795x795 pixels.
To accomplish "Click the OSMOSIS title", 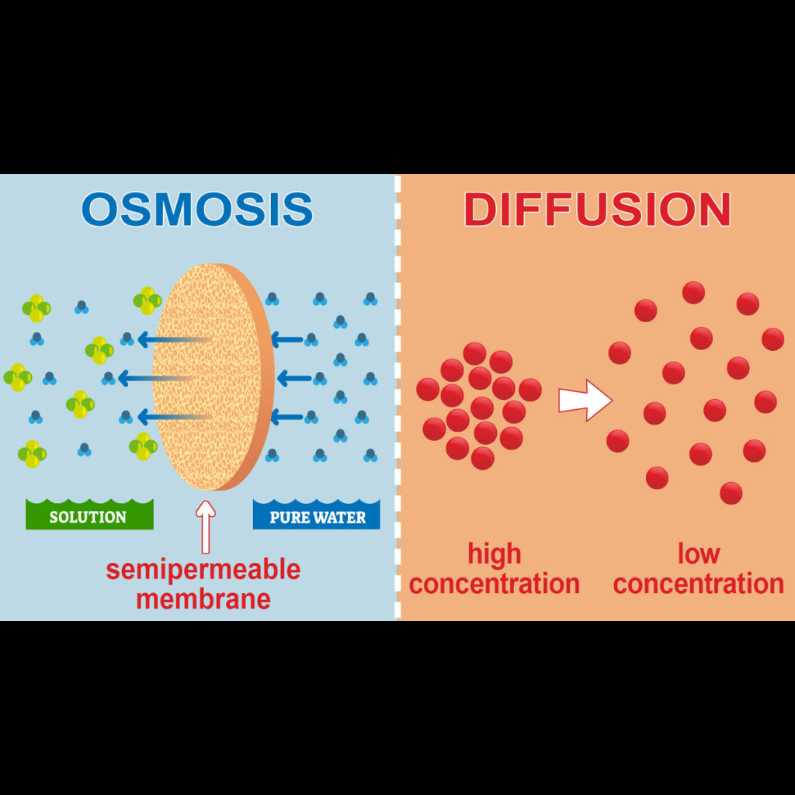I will [x=197, y=209].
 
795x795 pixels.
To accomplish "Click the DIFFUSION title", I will [x=597, y=209].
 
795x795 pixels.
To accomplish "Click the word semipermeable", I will [x=203, y=570].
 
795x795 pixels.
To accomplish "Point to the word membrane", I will [x=203, y=599].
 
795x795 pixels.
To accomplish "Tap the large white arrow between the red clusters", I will [x=585, y=401].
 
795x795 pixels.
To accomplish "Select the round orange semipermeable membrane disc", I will [x=210, y=377].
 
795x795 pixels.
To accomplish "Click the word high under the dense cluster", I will [x=495, y=554].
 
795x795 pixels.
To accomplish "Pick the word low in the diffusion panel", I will [x=699, y=554].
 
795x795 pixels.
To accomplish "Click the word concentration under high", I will [x=495, y=584].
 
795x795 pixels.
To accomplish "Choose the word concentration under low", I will [x=699, y=584].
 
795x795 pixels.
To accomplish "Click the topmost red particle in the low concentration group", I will [x=693, y=293].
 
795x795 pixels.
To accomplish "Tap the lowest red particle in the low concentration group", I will [x=731, y=492].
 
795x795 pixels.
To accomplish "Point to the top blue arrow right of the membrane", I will [x=287, y=339].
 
